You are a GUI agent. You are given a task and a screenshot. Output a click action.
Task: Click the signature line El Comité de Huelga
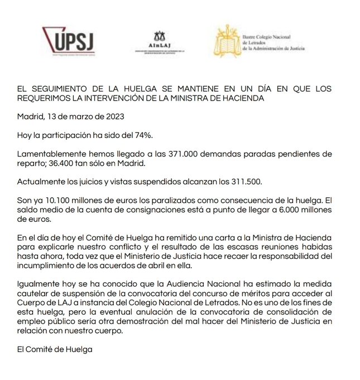(54, 350)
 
